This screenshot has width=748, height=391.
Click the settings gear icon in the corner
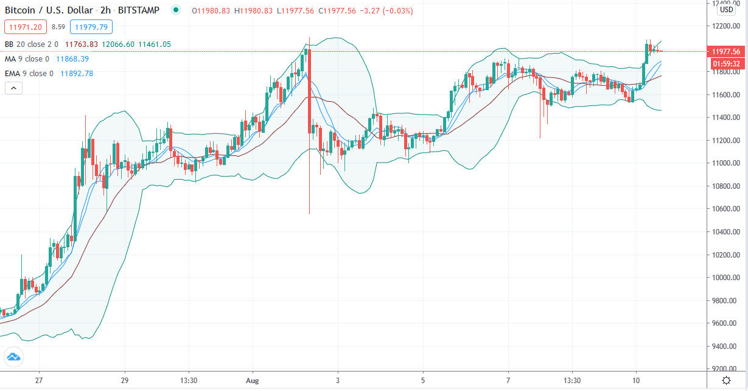tap(726, 380)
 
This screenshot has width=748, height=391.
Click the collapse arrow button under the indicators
tap(13, 88)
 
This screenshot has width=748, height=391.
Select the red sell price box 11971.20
tap(25, 27)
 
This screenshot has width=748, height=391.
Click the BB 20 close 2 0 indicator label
tap(31, 44)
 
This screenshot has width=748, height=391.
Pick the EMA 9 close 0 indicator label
tap(29, 74)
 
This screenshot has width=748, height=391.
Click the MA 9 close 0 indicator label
tap(27, 59)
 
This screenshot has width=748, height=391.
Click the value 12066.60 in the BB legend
tap(118, 44)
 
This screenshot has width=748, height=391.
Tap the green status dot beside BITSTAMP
tap(176, 10)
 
